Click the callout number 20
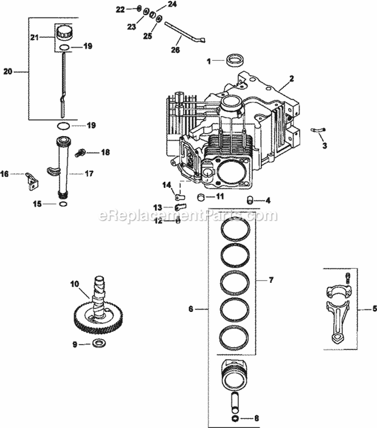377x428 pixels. (x=8, y=72)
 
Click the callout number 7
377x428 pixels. (x=271, y=279)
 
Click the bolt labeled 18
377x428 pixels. (x=79, y=152)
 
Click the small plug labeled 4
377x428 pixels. (x=249, y=200)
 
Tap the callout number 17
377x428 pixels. (x=89, y=174)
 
